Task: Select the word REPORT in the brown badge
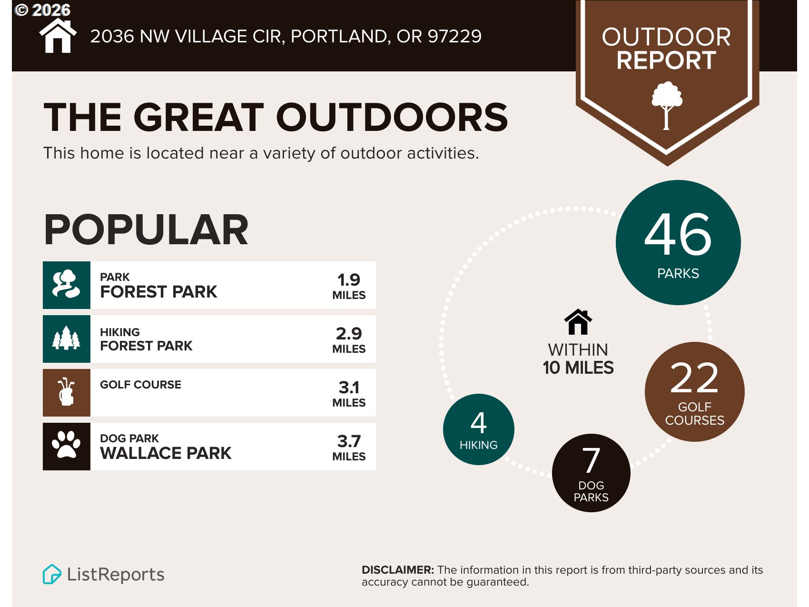666,60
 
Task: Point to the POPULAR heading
146,230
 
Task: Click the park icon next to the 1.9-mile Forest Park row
66,285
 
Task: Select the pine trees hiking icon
66,338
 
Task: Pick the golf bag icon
66,392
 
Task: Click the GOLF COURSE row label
140,385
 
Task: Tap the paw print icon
66,446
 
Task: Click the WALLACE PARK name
166,453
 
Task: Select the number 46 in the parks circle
678,234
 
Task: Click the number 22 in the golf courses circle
694,378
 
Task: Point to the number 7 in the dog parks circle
591,460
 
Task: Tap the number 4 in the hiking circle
478,423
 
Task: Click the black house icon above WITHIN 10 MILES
578,322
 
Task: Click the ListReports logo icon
52,574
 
